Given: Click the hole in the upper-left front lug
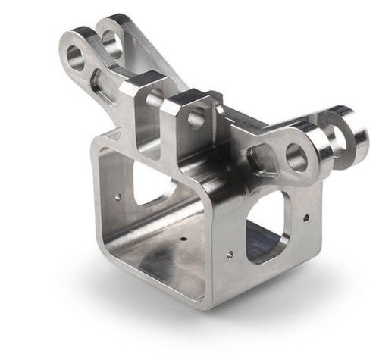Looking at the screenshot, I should coord(77,55).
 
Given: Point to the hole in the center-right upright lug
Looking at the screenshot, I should coord(196,117).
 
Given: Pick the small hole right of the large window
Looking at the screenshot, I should coord(305,218).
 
